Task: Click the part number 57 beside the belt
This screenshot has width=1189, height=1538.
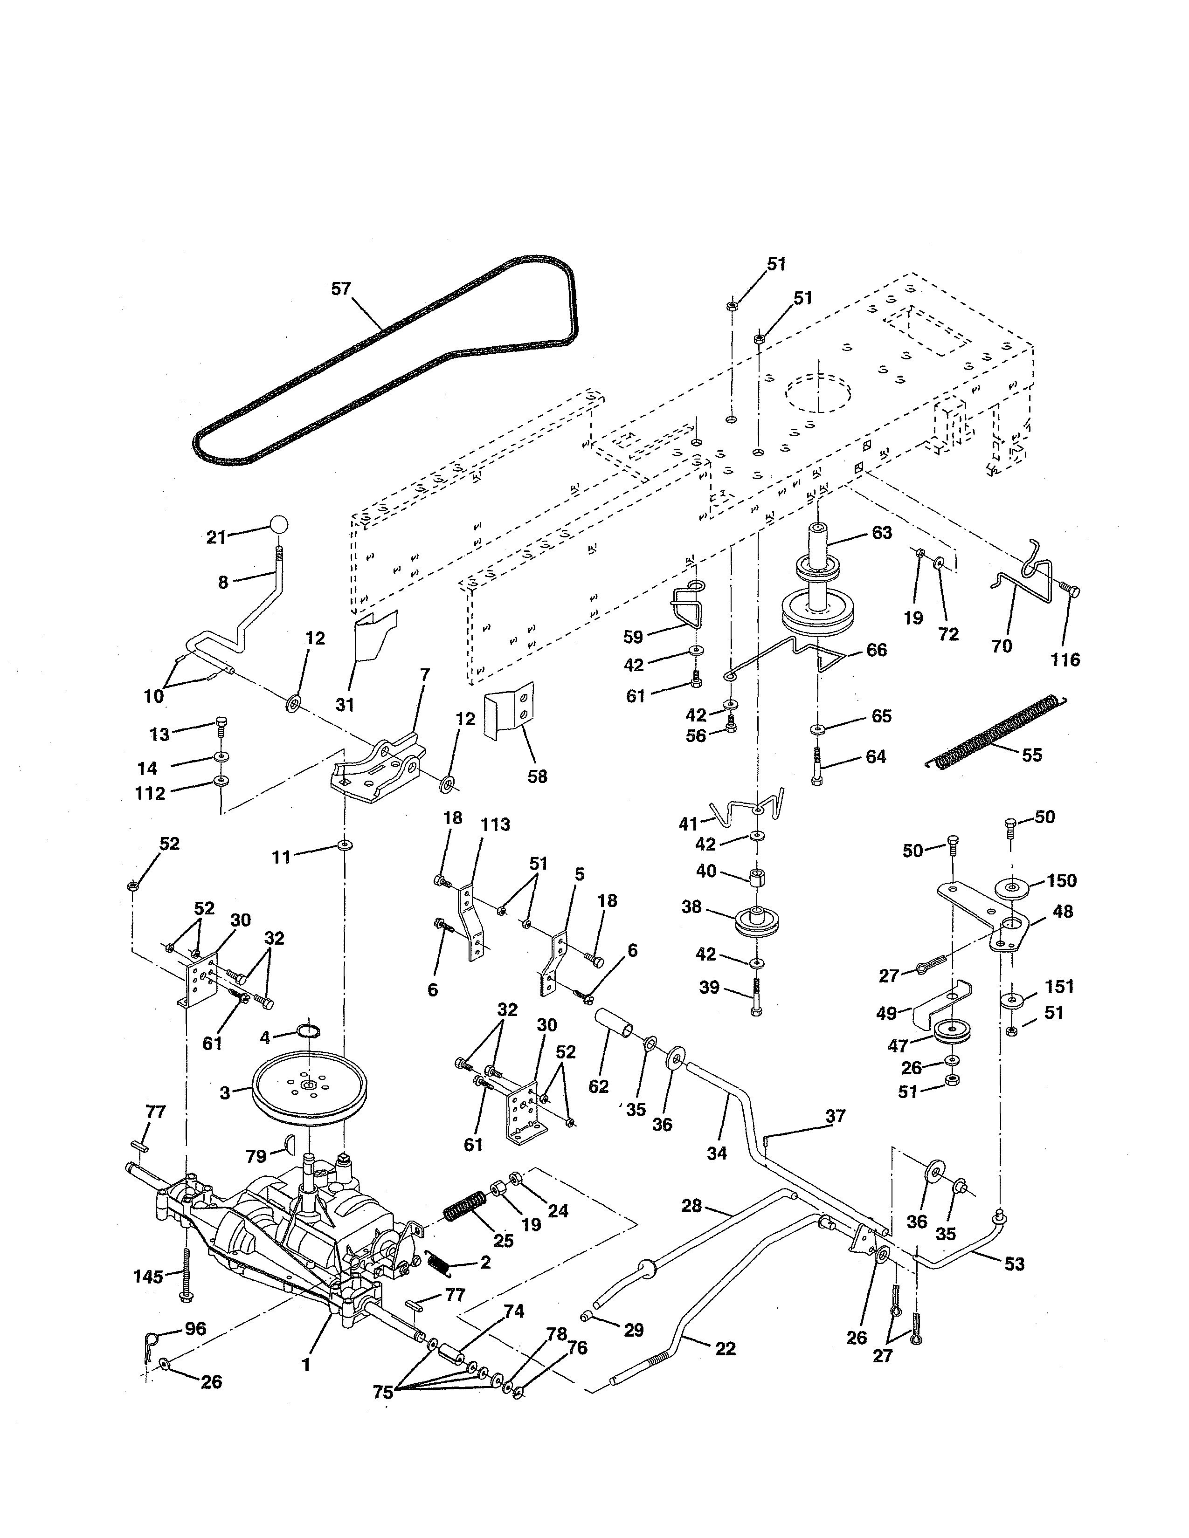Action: click(x=341, y=289)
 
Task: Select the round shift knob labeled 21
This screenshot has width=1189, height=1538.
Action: click(x=279, y=525)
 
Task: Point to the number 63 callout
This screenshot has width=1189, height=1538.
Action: click(x=882, y=533)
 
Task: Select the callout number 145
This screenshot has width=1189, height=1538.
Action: click(x=148, y=1277)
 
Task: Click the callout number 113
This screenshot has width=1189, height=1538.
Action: click(x=495, y=824)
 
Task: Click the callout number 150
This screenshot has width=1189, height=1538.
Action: click(x=1062, y=881)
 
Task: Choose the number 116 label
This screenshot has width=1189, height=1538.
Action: click(x=1065, y=660)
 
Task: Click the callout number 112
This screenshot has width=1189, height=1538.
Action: click(x=150, y=794)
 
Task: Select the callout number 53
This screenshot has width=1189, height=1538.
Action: click(x=1014, y=1264)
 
